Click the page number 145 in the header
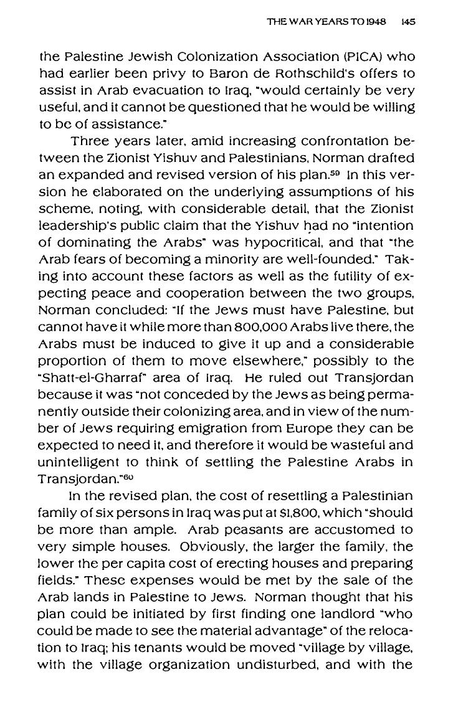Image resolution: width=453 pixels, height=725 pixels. [x=409, y=21]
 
